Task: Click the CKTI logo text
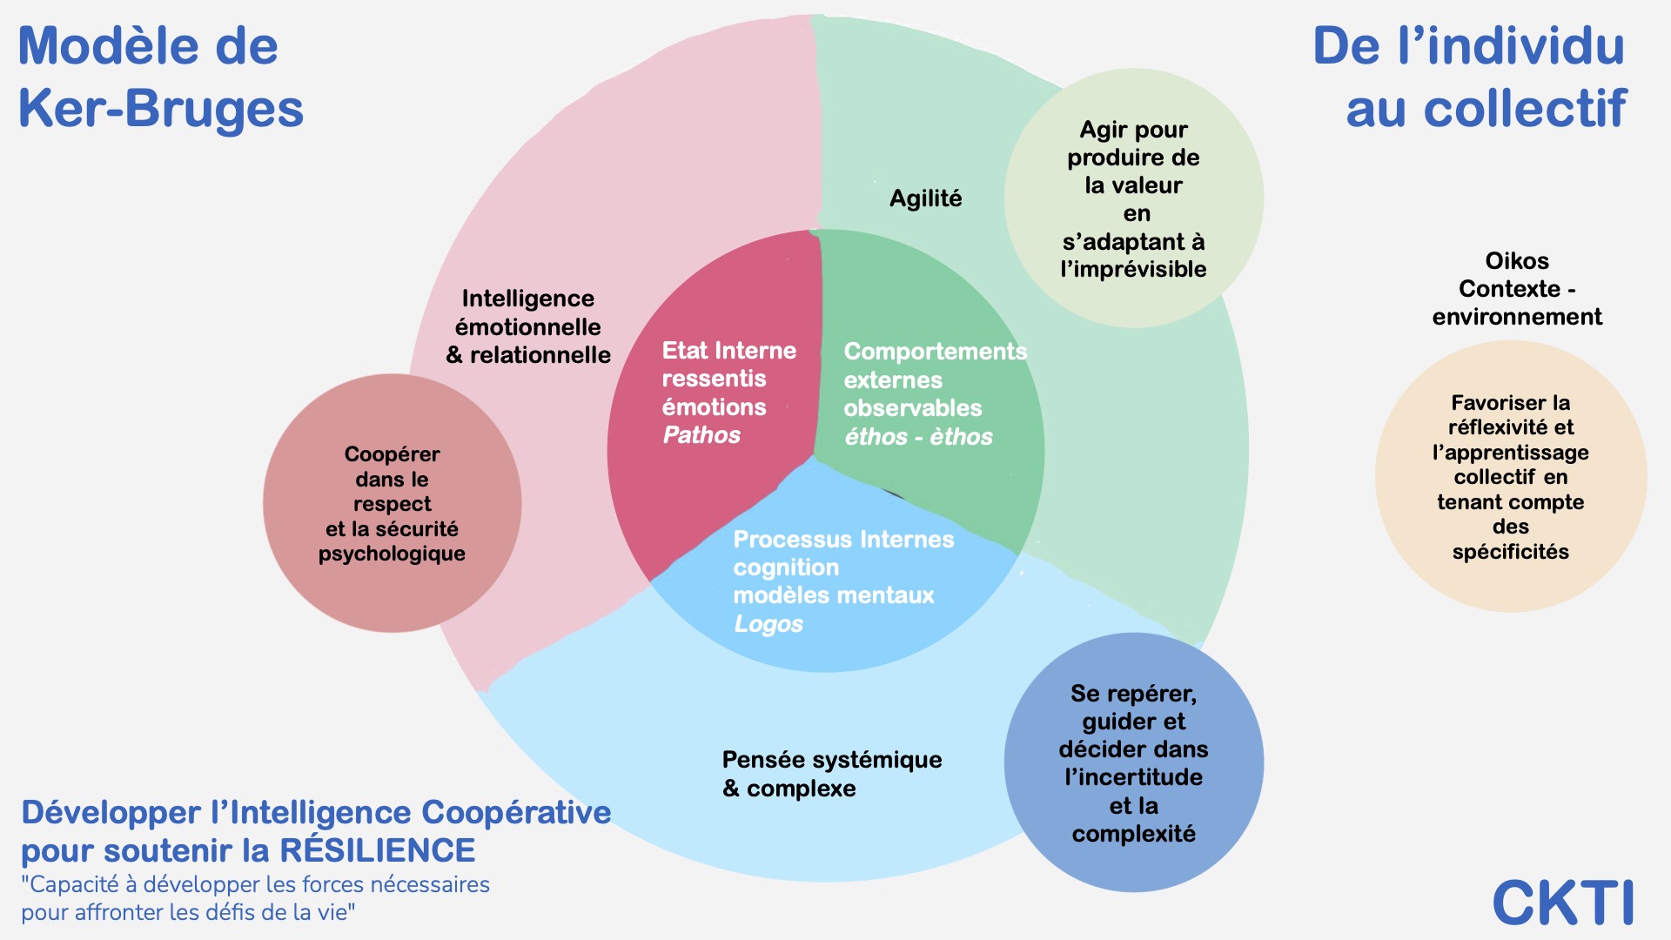point(1563,903)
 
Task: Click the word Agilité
point(925,198)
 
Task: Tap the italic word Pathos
point(701,435)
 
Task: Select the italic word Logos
point(768,624)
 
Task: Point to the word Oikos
point(1517,261)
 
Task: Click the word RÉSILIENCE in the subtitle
point(377,850)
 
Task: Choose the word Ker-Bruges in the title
point(161,109)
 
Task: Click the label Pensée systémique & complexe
point(831,774)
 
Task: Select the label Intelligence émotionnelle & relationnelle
point(528,326)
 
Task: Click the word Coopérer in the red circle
point(392,454)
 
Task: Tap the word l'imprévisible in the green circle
point(1133,269)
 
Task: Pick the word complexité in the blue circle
point(1133,834)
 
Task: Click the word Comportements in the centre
point(935,352)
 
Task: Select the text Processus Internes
point(843,540)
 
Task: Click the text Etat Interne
point(728,351)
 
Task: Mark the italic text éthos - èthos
point(918,437)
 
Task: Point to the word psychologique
point(392,554)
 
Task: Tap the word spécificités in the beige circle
point(1510,552)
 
